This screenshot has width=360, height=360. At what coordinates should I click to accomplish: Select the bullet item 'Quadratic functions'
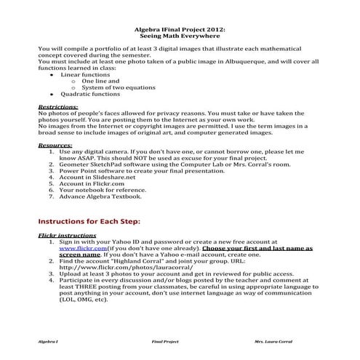(90, 94)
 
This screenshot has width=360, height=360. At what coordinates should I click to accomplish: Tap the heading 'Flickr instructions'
(67, 236)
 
